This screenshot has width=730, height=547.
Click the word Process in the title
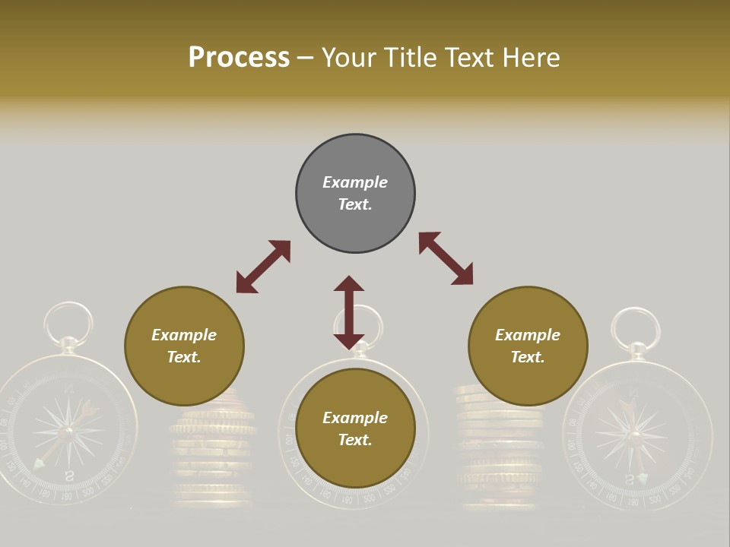coord(239,58)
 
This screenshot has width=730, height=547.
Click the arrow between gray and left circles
coord(263,267)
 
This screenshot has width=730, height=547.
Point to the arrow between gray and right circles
coord(446,258)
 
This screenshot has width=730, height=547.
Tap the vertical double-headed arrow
coord(349,311)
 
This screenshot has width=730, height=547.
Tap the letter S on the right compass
coord(629,479)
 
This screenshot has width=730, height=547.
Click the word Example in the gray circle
coord(355,182)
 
